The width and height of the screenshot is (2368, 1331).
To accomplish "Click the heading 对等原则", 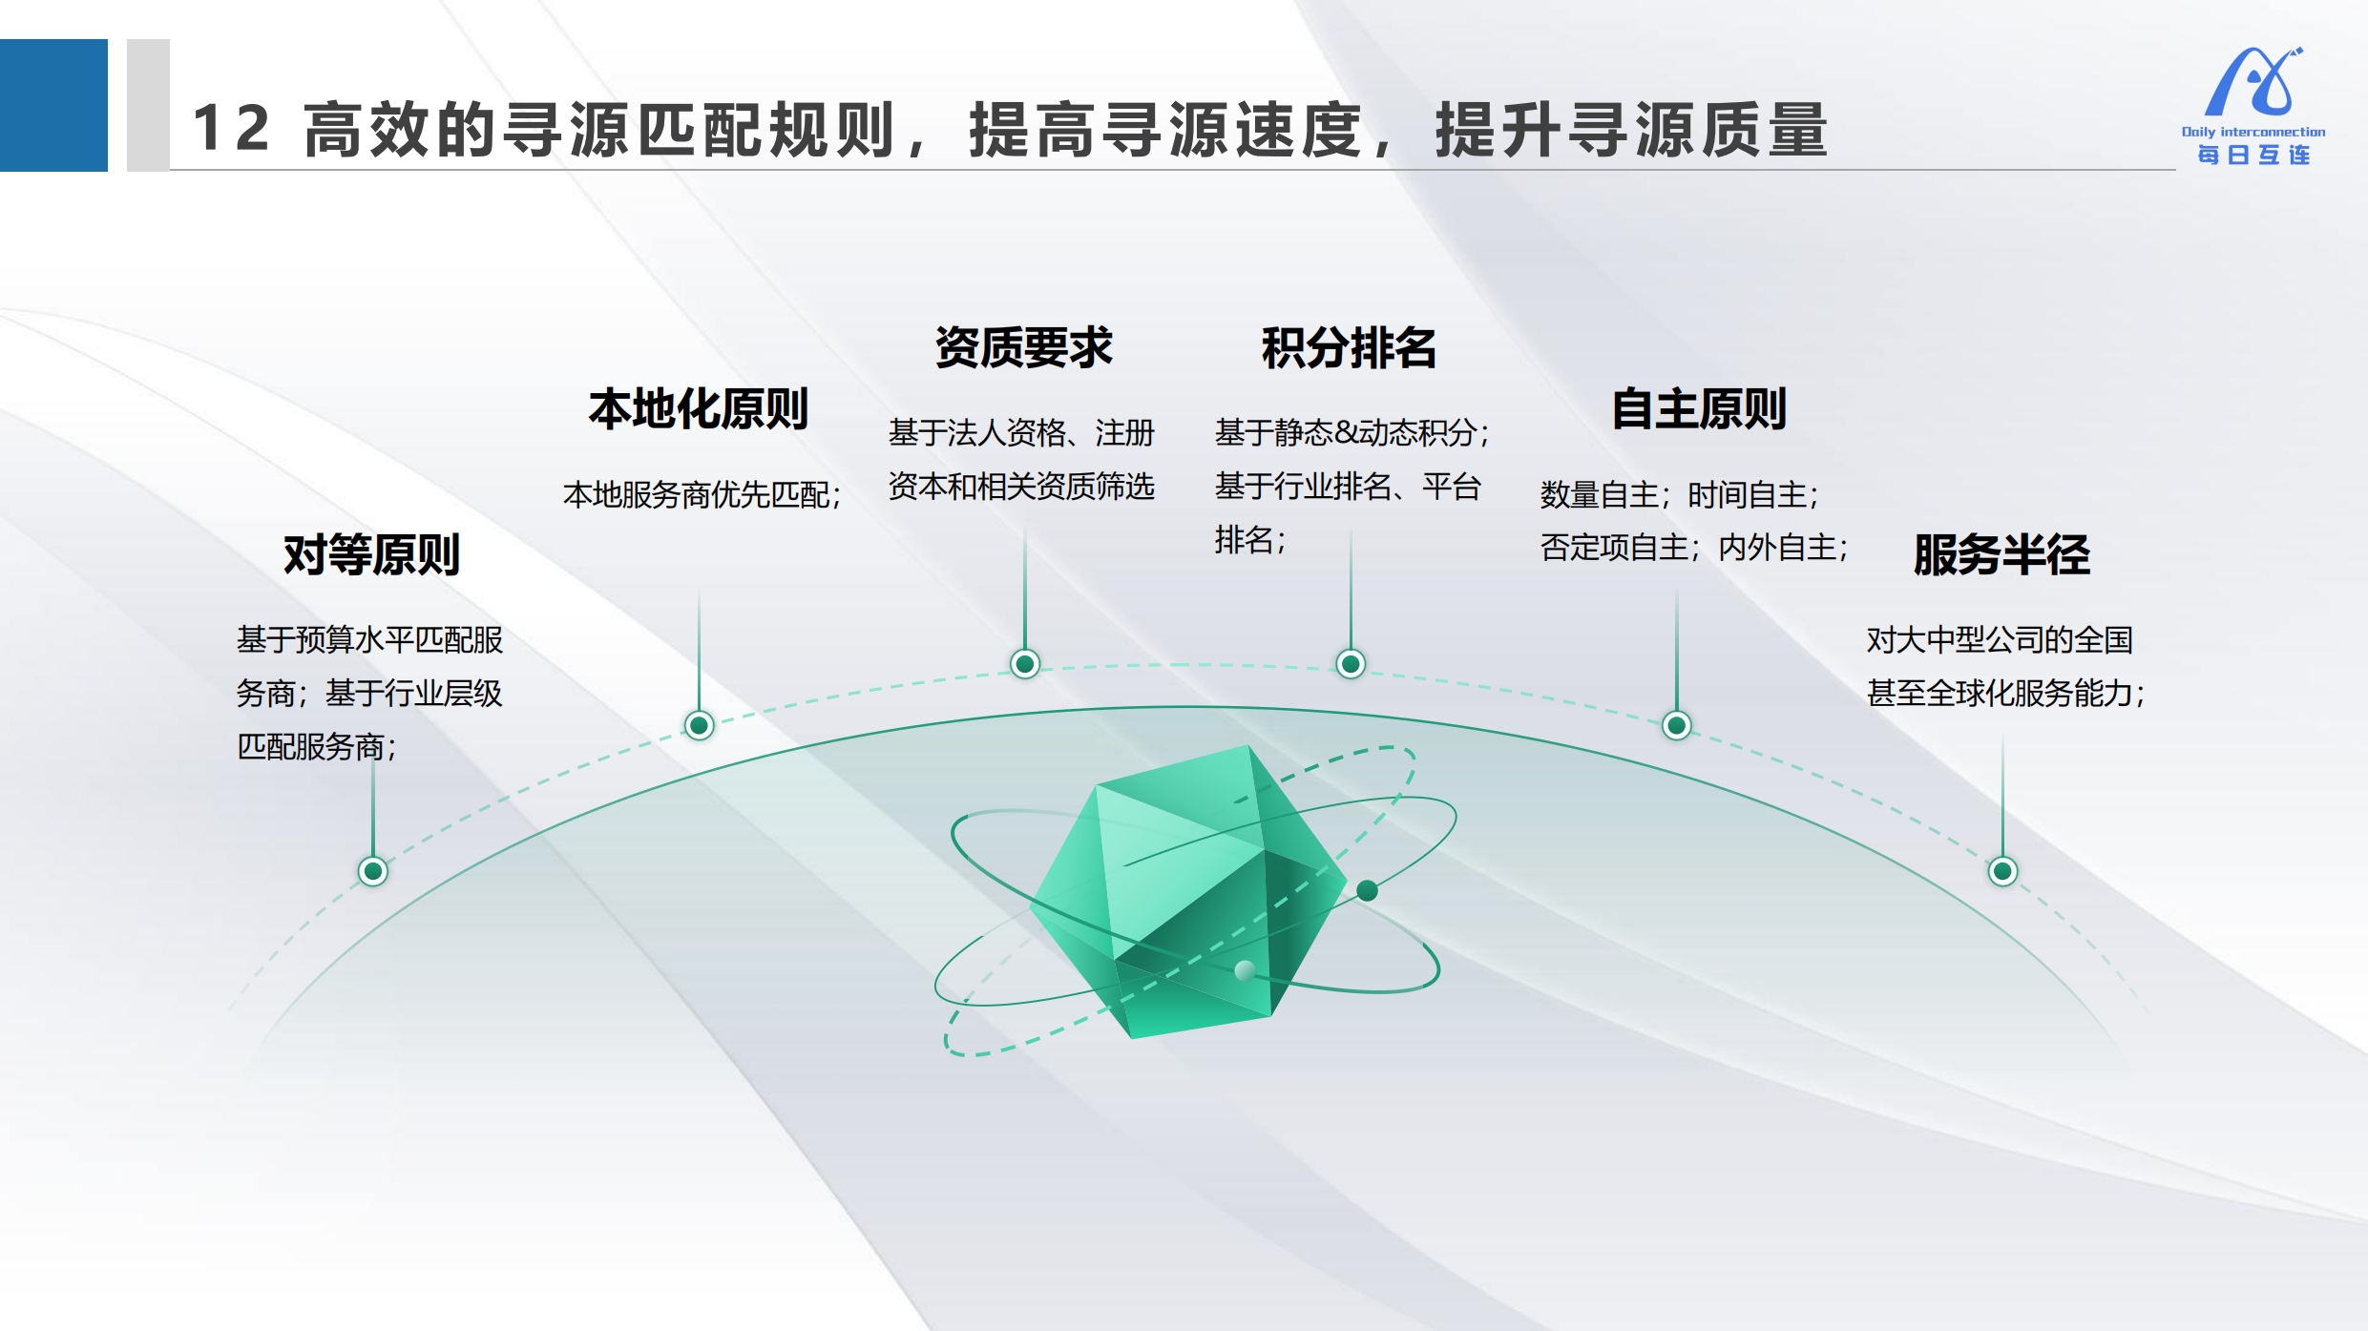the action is pyautogui.click(x=371, y=554).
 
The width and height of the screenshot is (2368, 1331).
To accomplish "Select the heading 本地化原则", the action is pyautogui.click(x=699, y=409).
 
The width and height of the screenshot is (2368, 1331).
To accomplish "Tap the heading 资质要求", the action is pyautogui.click(x=1024, y=347).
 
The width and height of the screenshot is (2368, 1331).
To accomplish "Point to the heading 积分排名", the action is pyautogui.click(x=1350, y=347).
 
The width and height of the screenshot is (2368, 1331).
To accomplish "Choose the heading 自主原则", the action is pyautogui.click(x=1699, y=409).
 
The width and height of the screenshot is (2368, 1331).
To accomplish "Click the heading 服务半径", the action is pyautogui.click(x=2001, y=554).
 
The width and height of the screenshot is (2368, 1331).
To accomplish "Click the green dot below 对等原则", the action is pyautogui.click(x=373, y=871).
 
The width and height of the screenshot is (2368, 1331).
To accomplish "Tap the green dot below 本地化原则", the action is pyautogui.click(x=700, y=726).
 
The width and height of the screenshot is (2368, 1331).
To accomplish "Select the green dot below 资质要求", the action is pyautogui.click(x=1025, y=664).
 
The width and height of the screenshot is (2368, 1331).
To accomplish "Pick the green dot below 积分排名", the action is pyautogui.click(x=1351, y=664).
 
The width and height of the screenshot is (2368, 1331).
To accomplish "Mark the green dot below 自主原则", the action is pyautogui.click(x=1677, y=726).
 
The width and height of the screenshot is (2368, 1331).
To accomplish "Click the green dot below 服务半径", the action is pyautogui.click(x=2002, y=871).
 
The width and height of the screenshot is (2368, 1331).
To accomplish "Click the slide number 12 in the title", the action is pyautogui.click(x=231, y=128).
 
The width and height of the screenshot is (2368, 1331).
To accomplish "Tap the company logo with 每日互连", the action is pyautogui.click(x=2253, y=106).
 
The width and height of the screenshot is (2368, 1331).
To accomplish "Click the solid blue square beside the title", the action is pyautogui.click(x=53, y=105).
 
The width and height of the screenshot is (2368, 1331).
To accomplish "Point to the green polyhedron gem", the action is pyautogui.click(x=1189, y=892).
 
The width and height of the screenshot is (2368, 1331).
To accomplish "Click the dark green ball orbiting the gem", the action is pyautogui.click(x=1367, y=891).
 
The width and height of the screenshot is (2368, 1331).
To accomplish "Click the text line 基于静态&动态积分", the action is pyautogui.click(x=1346, y=433).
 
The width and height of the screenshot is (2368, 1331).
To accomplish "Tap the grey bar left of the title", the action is pyautogui.click(x=148, y=105).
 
